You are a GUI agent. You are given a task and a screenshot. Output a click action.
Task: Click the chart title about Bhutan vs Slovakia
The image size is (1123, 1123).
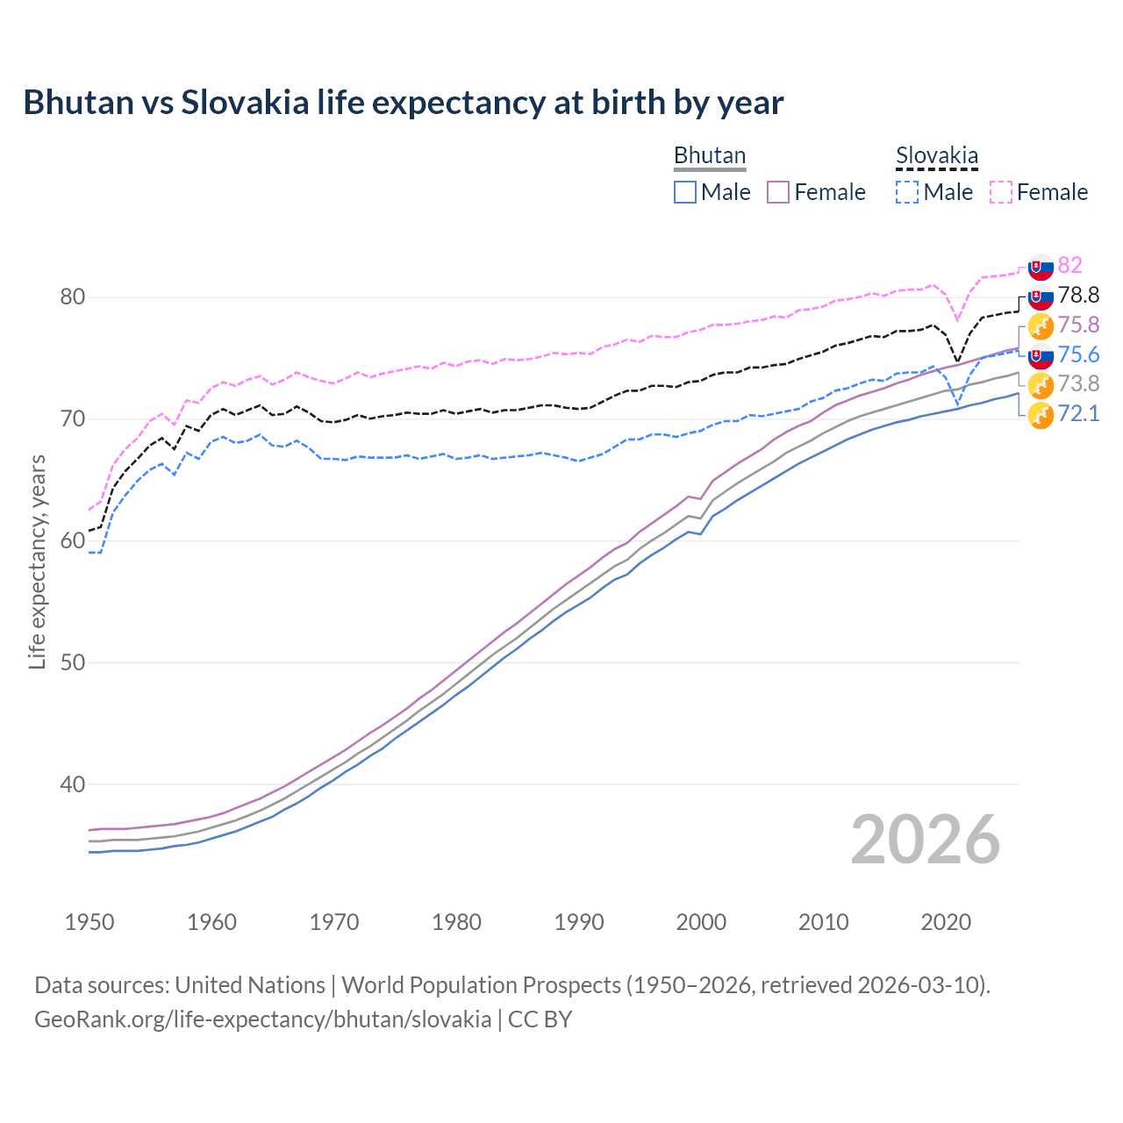coord(403,103)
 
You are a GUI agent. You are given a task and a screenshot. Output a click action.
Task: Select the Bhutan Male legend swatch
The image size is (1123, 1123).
coord(685,192)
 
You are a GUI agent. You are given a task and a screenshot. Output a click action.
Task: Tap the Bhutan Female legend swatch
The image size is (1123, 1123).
coord(778,192)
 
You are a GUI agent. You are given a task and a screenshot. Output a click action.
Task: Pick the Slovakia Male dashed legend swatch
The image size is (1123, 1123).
coord(907,192)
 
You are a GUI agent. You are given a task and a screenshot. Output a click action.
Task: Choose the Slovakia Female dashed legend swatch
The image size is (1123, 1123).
coord(1000,192)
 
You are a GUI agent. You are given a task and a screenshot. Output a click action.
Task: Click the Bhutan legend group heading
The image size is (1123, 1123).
coord(709,155)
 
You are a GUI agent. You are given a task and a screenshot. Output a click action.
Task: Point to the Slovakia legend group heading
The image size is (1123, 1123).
coord(936,156)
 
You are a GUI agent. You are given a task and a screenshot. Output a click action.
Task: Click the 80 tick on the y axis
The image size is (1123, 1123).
coord(73,297)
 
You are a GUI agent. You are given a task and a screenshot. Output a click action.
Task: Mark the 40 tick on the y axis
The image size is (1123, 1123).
coord(73,785)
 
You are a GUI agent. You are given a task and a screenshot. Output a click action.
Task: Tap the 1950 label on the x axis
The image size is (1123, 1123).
coord(89,922)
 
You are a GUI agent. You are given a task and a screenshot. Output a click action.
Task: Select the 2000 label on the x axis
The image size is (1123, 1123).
coord(701,922)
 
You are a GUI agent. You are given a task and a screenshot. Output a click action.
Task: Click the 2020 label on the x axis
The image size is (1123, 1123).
coord(946,922)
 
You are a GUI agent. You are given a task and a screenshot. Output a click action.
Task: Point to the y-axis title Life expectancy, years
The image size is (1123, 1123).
coord(38,561)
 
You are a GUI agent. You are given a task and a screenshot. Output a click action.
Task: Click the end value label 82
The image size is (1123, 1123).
coord(1069,265)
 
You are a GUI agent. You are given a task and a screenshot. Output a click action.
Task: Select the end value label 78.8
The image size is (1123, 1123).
coord(1078,295)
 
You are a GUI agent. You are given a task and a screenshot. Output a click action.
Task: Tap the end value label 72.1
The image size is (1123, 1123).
coord(1078,413)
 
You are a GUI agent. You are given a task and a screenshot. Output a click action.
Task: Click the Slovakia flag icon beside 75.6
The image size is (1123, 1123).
coord(1041,355)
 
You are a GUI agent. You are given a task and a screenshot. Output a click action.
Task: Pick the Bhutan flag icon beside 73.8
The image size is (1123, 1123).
coord(1041,384)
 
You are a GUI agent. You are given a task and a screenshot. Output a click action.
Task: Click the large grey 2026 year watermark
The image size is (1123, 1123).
coord(925,840)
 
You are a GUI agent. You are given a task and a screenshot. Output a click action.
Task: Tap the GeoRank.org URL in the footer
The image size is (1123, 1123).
coord(262,1019)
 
